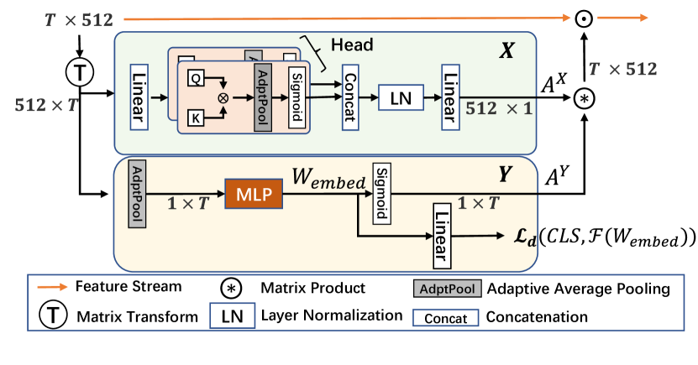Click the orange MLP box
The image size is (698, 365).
point(253,195)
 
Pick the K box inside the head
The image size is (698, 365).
point(196,118)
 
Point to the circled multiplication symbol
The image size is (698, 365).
point(223,98)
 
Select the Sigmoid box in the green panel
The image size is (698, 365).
point(295,97)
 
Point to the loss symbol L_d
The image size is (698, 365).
point(524,237)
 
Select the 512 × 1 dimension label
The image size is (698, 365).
point(499,108)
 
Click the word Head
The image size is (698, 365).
point(352,44)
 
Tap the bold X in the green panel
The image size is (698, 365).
point(506,52)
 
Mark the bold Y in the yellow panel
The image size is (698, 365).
point(505,175)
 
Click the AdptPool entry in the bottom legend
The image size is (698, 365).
point(448,289)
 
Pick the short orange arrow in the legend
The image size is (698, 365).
point(52,287)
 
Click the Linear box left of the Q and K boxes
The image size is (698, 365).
point(139,96)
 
